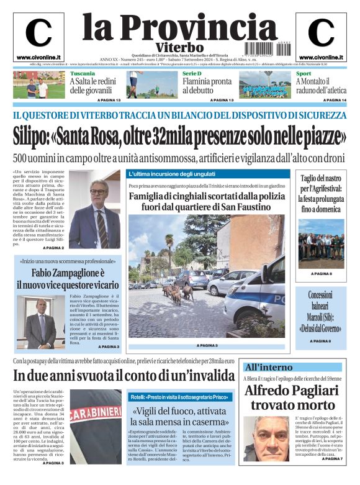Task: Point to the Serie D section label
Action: tap(192, 74)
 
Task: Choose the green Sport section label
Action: tap(304, 74)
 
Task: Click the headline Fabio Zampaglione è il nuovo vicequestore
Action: tap(68, 279)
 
